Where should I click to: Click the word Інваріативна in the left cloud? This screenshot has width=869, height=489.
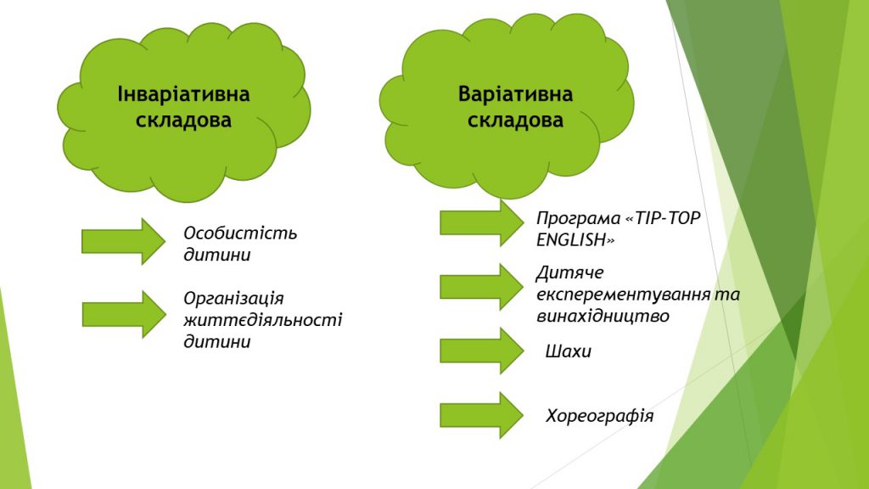point(183,94)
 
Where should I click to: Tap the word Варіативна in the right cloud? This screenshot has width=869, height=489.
point(515,94)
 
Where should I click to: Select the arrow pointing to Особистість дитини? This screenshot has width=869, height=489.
point(124,241)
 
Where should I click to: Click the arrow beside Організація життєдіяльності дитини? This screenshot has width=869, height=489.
point(124,314)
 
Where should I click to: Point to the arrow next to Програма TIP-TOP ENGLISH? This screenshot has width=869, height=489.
point(482,222)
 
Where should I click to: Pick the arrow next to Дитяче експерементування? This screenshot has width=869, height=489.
point(482,287)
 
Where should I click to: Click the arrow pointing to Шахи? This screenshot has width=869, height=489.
point(482,351)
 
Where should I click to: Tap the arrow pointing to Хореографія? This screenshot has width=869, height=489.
point(482,415)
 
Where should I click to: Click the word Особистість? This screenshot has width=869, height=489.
point(240,233)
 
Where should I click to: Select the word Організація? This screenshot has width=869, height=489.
point(233,299)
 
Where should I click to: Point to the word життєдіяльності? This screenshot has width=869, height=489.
point(263,320)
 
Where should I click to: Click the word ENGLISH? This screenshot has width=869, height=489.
point(575,240)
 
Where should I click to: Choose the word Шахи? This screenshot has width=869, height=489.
point(568,351)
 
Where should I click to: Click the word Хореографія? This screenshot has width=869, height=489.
point(600,416)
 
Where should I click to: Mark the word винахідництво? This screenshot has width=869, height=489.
point(603,317)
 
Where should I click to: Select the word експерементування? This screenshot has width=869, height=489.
point(623,295)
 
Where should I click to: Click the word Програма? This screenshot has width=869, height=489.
point(578,219)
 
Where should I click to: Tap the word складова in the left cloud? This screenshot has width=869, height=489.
point(183,121)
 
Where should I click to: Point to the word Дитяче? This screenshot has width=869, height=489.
point(569,273)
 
